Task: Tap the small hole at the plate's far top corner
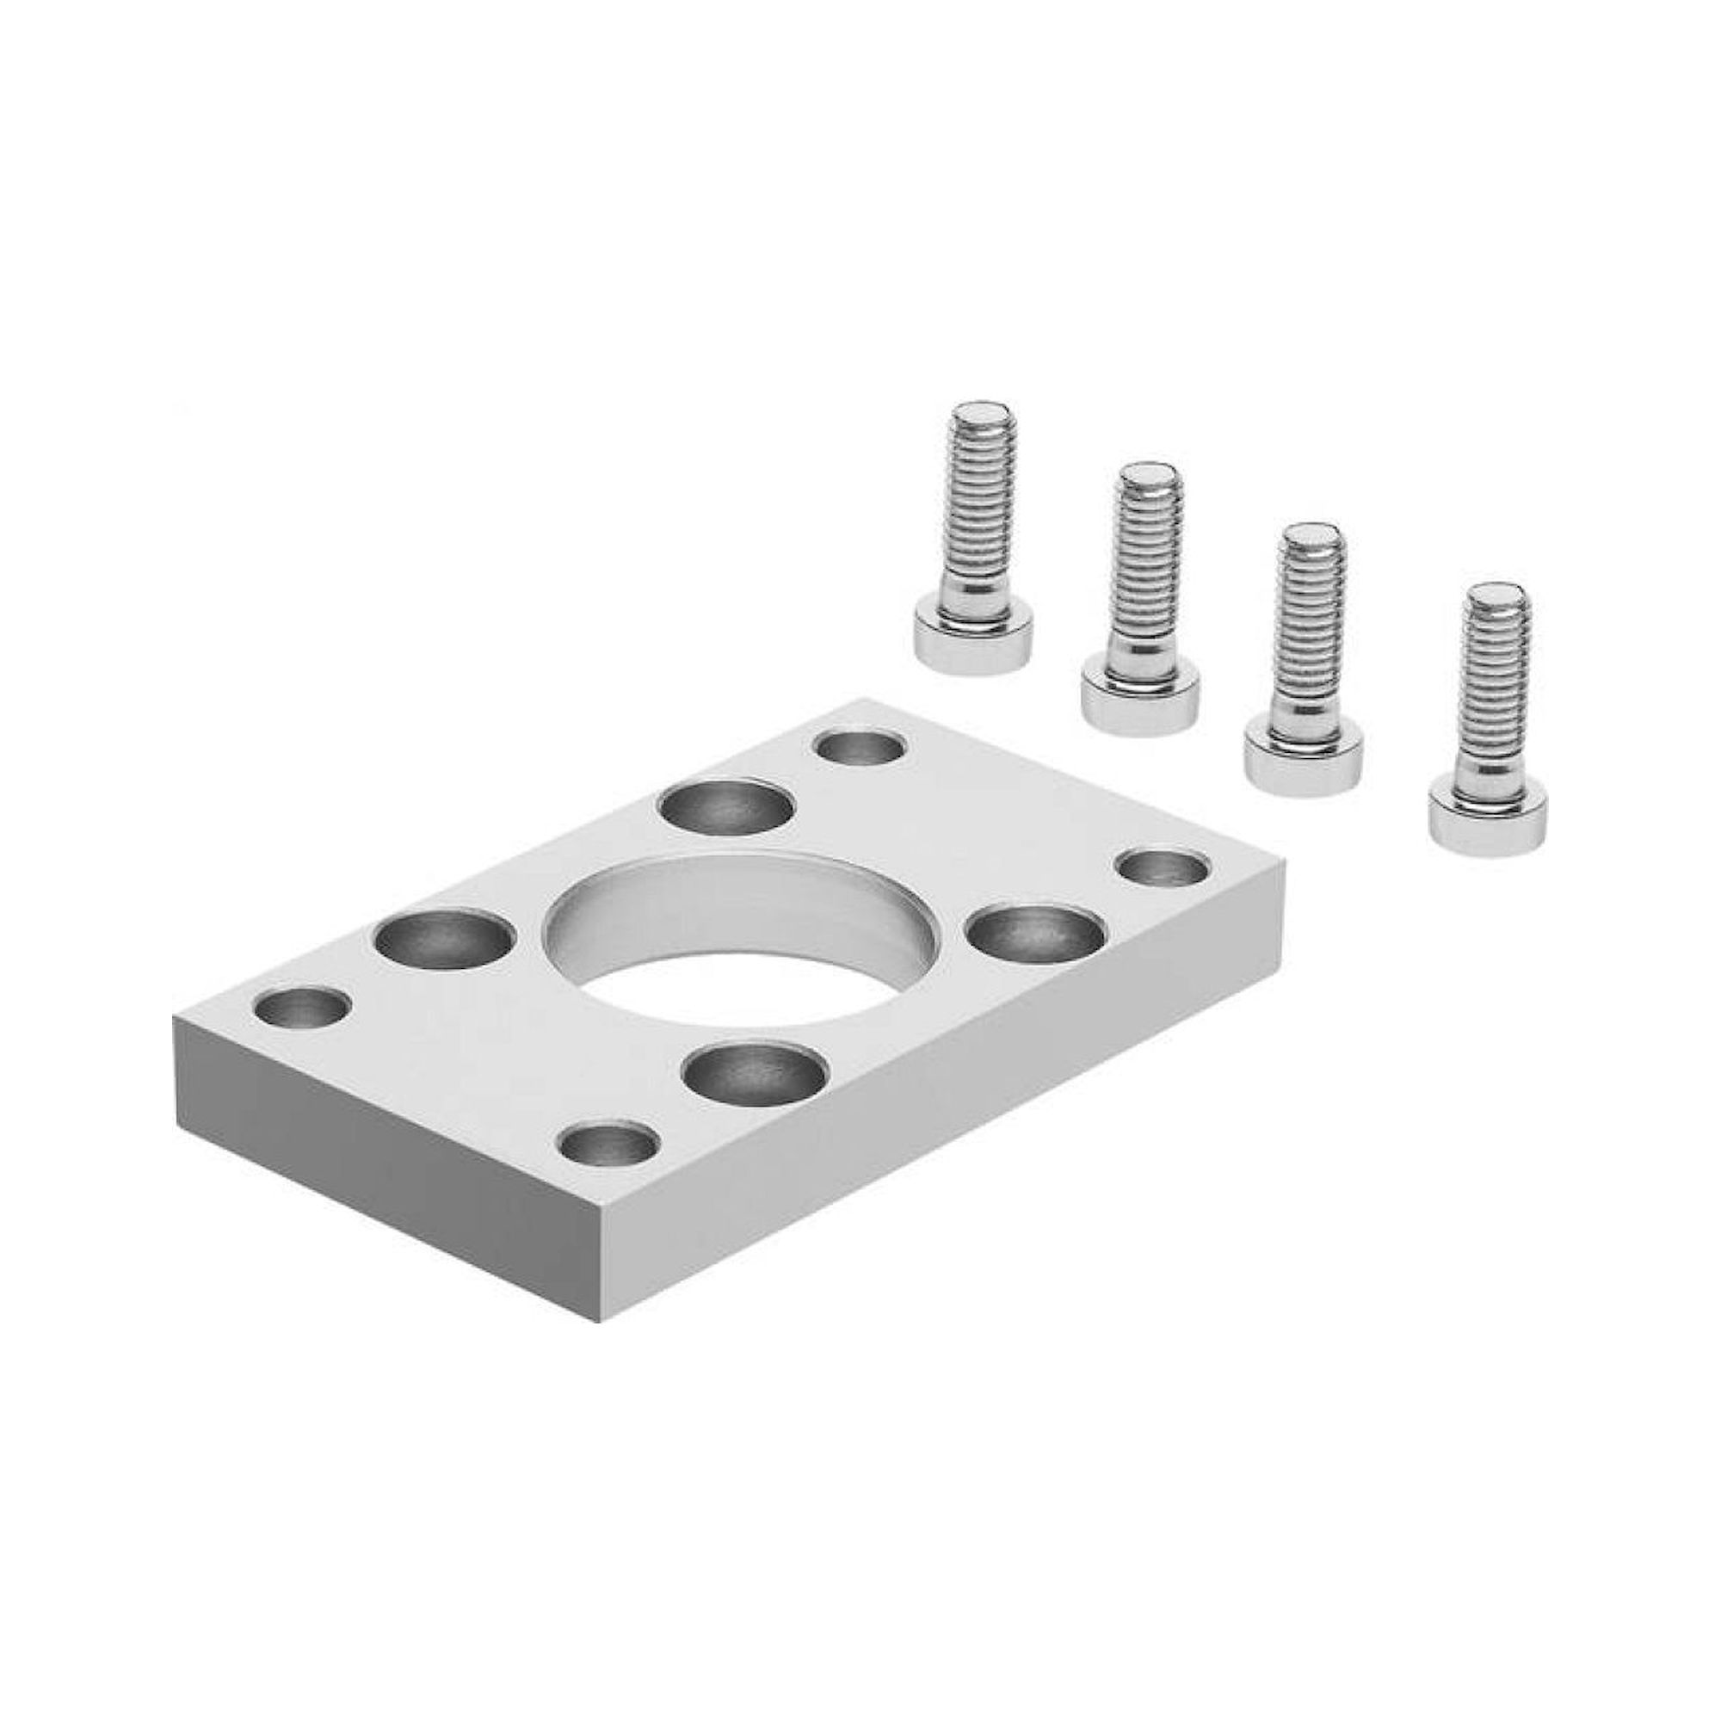tap(860, 746)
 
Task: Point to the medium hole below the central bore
tap(756, 1072)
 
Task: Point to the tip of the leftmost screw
tap(979, 416)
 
